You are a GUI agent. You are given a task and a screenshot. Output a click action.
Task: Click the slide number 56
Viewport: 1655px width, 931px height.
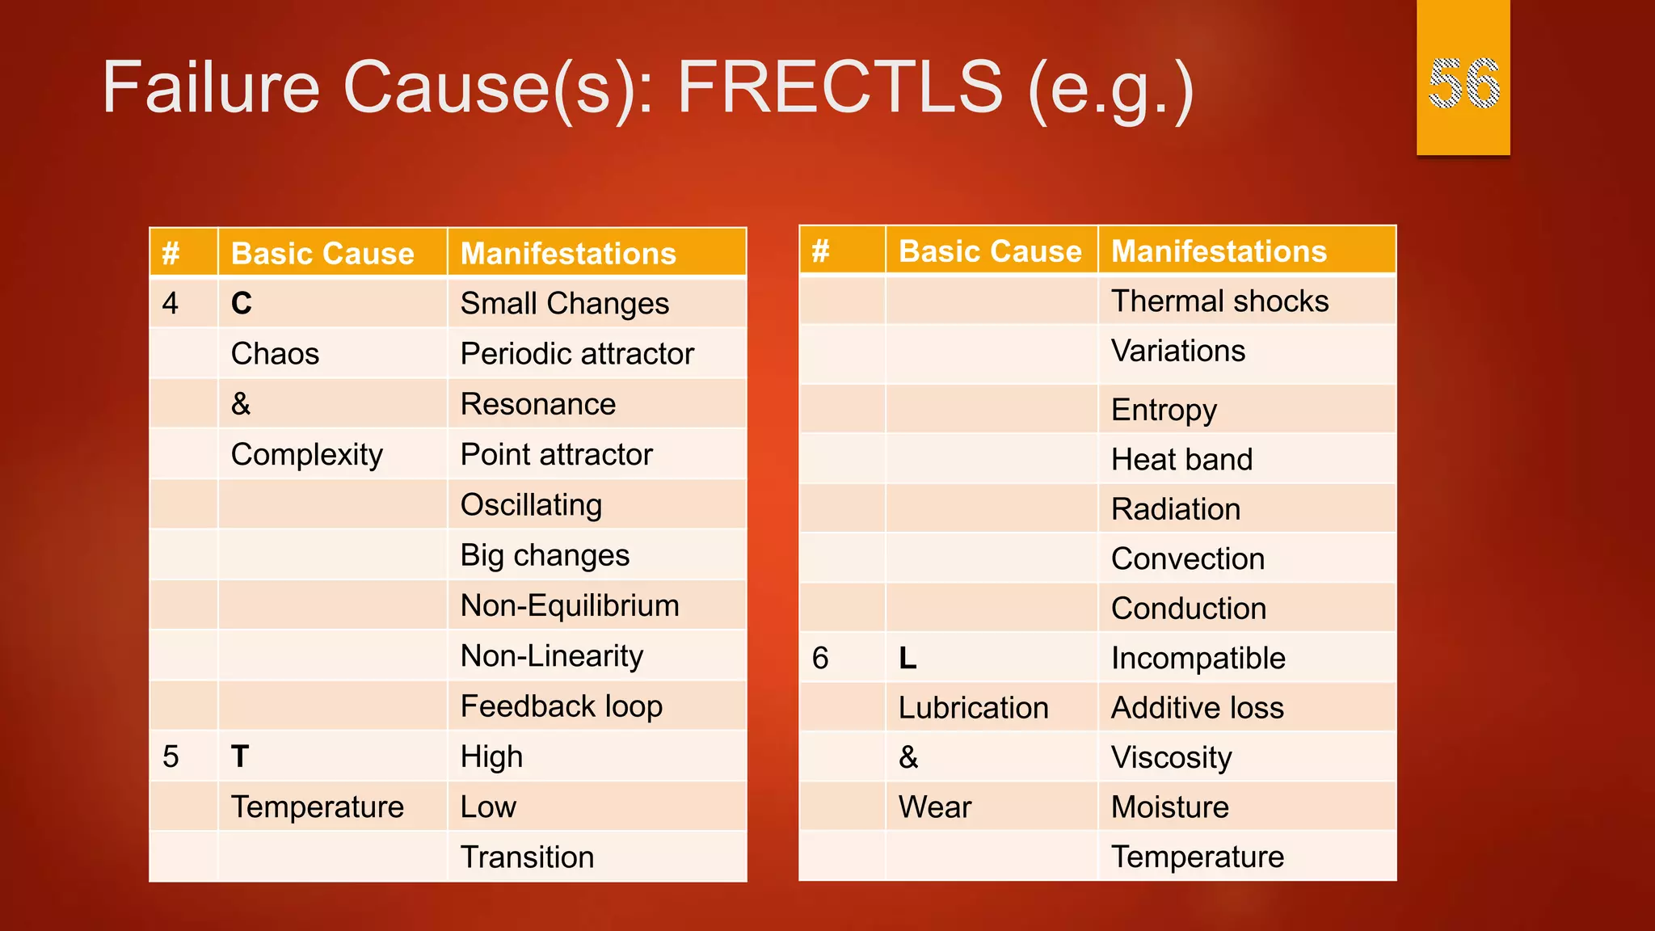[1463, 83]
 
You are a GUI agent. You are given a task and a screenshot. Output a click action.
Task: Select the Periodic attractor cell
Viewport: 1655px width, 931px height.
[577, 354]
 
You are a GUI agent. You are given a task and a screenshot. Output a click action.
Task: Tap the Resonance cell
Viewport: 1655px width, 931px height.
[538, 404]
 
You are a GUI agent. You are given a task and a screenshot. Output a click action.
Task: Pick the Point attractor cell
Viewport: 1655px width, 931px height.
[556, 455]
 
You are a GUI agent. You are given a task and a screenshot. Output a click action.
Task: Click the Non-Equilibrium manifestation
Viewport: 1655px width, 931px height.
[570, 606]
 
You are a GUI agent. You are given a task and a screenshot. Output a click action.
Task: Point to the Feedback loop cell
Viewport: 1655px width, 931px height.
[562, 706]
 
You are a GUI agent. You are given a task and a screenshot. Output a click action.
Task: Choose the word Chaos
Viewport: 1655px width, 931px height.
[275, 354]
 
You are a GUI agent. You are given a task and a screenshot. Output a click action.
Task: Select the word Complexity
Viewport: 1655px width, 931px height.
[306, 455]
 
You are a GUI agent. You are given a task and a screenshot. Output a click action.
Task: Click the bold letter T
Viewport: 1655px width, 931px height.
[240, 757]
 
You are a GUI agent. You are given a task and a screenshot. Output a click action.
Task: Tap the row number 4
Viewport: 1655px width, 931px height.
[170, 304]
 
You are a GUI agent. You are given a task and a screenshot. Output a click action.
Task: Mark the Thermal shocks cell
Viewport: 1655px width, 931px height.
[1219, 301]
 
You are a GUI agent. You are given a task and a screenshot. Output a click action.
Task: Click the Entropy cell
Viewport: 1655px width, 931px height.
[1164, 410]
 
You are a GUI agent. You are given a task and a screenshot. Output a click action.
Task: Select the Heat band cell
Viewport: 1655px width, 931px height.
[1181, 460]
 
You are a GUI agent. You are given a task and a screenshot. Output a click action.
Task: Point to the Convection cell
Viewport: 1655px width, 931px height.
[1188, 559]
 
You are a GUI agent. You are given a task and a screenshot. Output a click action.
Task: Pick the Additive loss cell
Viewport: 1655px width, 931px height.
[1198, 708]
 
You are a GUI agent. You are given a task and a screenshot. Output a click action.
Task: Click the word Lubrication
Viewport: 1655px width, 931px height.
[973, 708]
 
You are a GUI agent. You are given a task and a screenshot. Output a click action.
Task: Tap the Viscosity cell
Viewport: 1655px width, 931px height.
[1171, 758]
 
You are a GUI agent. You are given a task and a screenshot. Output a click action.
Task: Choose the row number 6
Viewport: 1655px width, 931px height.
[820, 659]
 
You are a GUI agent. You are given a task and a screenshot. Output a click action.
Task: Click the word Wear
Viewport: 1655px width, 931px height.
[935, 807]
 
